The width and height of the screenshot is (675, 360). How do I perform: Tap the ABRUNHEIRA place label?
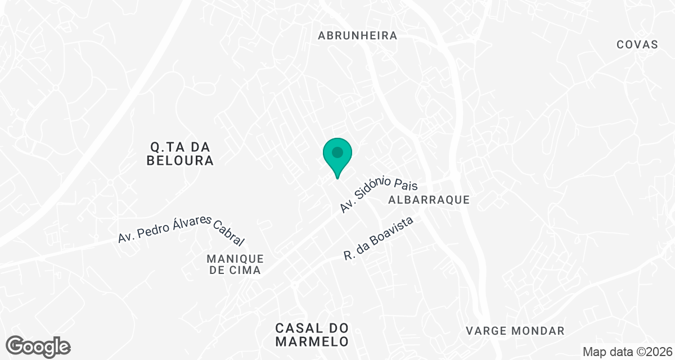358,35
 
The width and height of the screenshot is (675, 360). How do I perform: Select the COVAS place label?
637,45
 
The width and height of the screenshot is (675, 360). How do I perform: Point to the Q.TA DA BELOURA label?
180,154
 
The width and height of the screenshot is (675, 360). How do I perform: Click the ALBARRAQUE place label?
429,200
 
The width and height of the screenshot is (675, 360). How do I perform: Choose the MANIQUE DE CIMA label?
235,264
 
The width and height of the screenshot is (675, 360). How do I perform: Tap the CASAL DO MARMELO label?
312,335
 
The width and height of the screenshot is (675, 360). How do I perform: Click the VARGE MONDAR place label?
515,331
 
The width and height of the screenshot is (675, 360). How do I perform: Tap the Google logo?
38,346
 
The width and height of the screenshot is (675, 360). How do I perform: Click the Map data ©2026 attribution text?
627,352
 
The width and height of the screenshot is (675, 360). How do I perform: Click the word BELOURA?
180,161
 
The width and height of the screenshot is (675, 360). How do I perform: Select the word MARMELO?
312,341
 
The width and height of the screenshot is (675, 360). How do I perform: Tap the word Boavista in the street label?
392,231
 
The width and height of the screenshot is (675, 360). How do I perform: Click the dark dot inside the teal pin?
337,152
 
